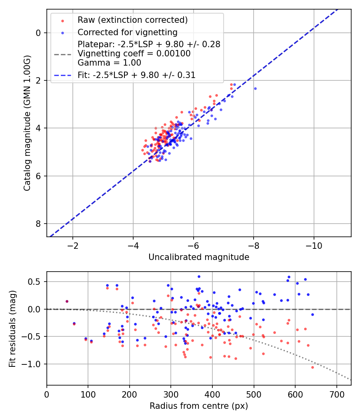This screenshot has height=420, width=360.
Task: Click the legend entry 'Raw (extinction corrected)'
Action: tap(133, 20)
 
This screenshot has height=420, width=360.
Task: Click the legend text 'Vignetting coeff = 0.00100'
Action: tap(134, 54)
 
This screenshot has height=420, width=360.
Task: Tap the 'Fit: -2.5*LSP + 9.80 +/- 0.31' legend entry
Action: tap(136, 75)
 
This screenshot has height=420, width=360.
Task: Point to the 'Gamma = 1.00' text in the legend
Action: tap(109, 63)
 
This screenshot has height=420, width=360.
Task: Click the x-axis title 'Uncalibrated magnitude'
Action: tap(199, 257)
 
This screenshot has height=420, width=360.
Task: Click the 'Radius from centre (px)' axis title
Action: tap(199, 406)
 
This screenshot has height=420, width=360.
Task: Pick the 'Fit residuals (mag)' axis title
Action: tap(13, 328)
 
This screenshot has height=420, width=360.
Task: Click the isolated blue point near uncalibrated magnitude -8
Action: tap(255, 88)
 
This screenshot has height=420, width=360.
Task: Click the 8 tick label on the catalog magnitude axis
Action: tap(39, 224)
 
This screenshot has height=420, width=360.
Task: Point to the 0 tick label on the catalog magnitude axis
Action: tap(39, 33)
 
